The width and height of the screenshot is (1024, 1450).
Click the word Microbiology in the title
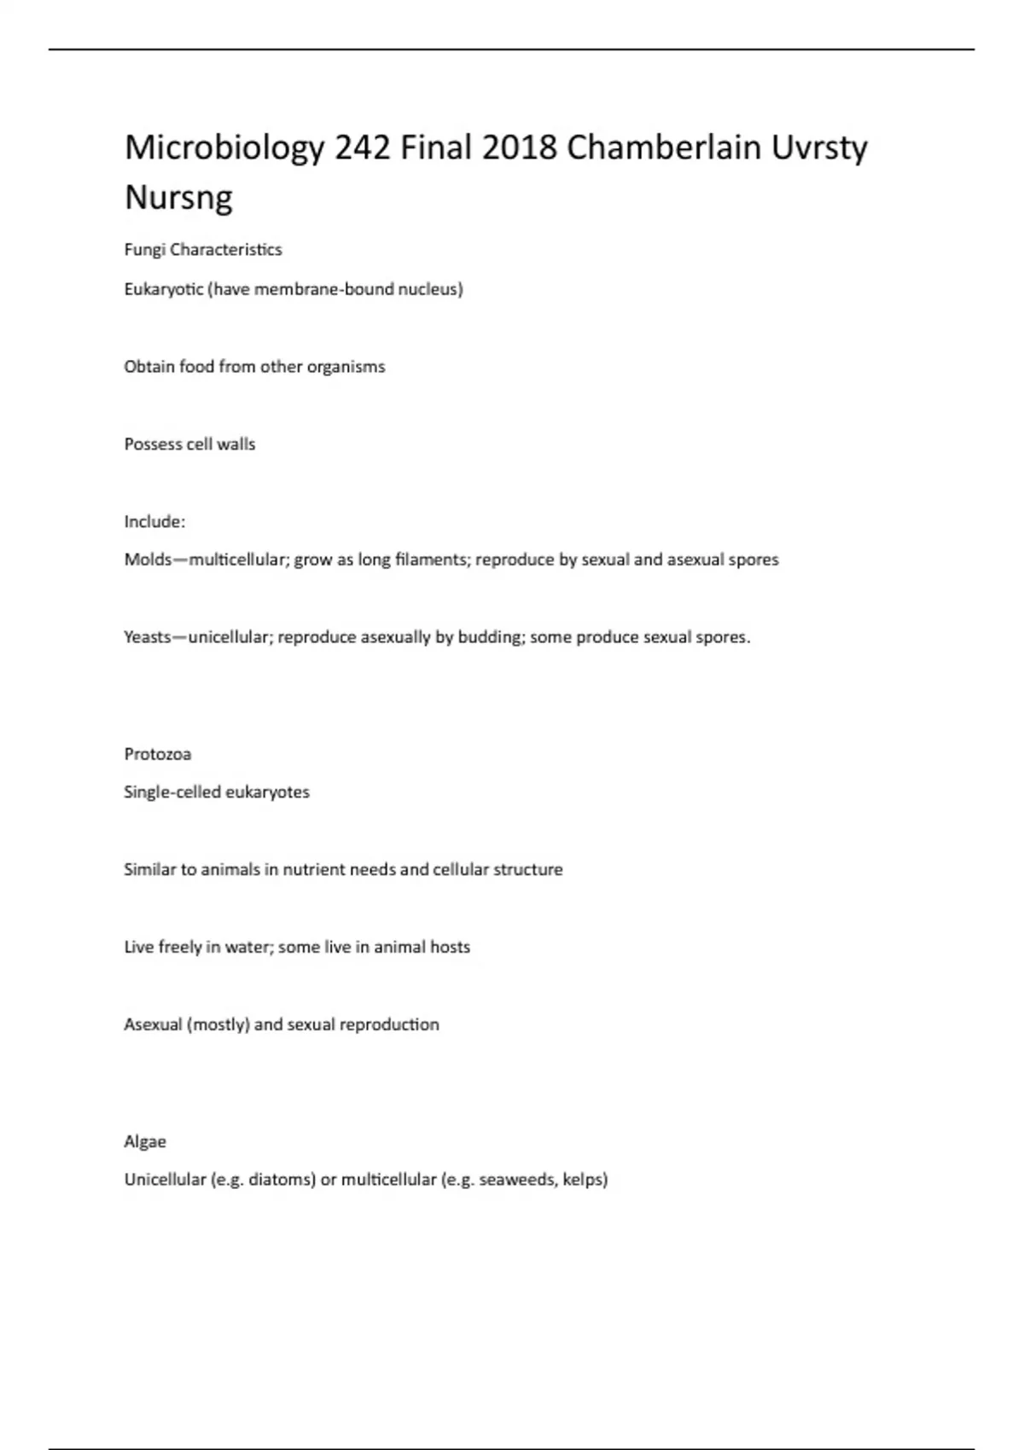pyautogui.click(x=224, y=148)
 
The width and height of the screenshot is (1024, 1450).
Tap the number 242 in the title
pyautogui.click(x=363, y=148)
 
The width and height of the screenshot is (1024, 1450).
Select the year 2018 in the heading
pyautogui.click(x=520, y=148)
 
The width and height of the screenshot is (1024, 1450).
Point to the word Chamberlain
pyautogui.click(x=664, y=148)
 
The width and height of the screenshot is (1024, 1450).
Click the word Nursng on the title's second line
pyautogui.click(x=178, y=198)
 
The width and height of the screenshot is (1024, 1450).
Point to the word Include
pyautogui.click(x=154, y=521)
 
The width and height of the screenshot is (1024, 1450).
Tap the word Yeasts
pyautogui.click(x=148, y=637)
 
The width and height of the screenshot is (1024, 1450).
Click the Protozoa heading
pyautogui.click(x=158, y=754)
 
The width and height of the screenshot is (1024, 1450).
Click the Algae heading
pyautogui.click(x=145, y=1141)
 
